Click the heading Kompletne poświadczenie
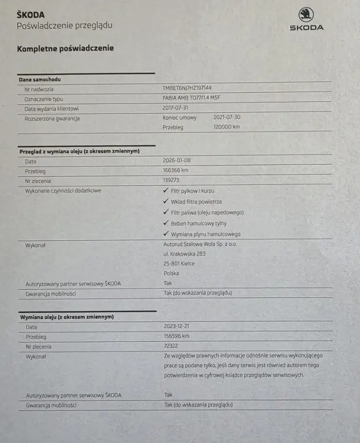pos(65,48)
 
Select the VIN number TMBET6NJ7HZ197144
pos(187,88)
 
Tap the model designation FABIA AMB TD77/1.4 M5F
pos(192,99)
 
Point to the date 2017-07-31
pos(175,108)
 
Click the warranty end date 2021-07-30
pos(227,118)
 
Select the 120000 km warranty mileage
pos(227,127)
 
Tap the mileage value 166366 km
pos(175,170)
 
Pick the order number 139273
pos(170,180)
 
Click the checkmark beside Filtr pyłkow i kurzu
pos(165,191)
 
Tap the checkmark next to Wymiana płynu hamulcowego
pos(165,234)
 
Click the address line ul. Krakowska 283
pos(184,254)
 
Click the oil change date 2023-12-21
pos(175,326)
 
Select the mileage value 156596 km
pos(177,336)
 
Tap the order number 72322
pos(170,346)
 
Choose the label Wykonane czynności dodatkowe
pos(63,191)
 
